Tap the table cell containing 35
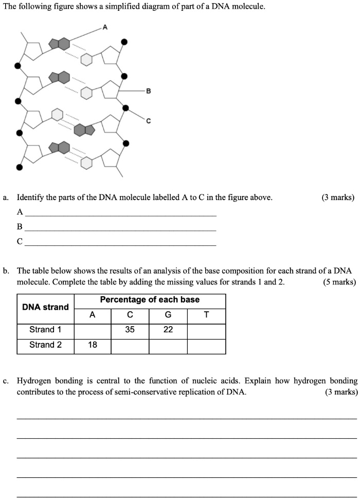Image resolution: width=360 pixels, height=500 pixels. tap(130, 330)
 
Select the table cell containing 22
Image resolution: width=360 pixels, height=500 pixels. tap(168, 330)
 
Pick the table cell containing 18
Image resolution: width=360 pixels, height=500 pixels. tap(93, 345)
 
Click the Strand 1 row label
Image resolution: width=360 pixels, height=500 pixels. tap(45, 330)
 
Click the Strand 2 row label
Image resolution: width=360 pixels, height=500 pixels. tap(45, 345)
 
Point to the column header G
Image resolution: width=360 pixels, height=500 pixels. tap(168, 315)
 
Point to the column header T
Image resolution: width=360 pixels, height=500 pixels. tap(206, 315)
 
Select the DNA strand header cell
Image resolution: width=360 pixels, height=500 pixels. tap(45, 307)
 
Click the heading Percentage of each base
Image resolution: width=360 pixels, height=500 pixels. tap(150, 300)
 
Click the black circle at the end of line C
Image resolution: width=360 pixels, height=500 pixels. tap(126, 108)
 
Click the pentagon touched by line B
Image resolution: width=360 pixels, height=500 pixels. tap(111, 91)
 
